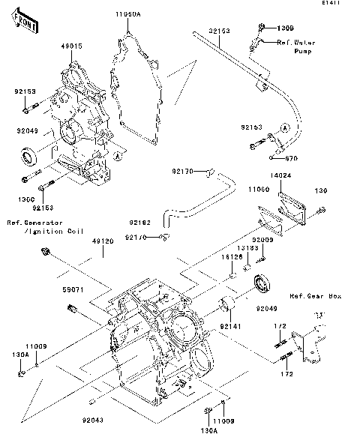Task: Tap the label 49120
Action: tap(103, 242)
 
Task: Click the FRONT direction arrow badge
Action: tap(25, 25)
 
